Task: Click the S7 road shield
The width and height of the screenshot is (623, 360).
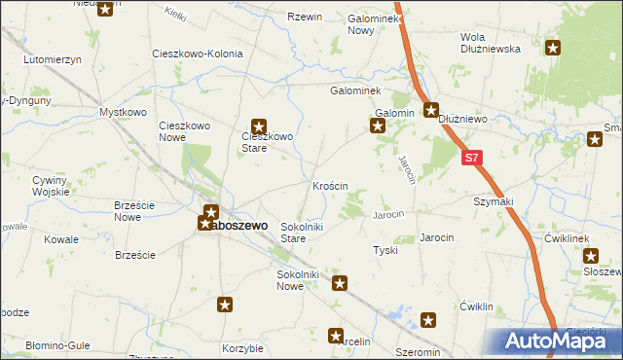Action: point(472,157)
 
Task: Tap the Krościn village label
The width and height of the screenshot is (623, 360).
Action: point(331,185)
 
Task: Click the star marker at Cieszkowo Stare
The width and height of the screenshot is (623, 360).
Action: point(259,126)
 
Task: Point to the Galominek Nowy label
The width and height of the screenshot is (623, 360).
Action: point(361,24)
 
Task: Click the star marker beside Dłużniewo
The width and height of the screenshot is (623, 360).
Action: point(431,110)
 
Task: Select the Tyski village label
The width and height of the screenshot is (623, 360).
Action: point(385,250)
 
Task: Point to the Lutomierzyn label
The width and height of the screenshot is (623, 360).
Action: point(54,59)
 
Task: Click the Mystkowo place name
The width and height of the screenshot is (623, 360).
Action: point(123,113)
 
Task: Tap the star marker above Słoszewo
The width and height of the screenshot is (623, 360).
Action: point(591,256)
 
